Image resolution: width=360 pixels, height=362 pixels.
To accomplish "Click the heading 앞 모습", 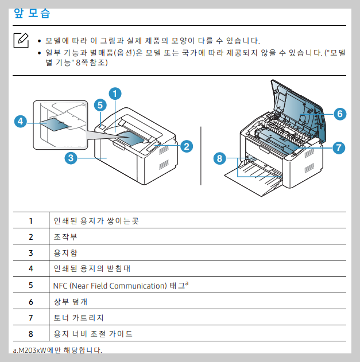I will tap(35, 13).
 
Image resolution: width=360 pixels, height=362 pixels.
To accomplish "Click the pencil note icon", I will tap(21, 40).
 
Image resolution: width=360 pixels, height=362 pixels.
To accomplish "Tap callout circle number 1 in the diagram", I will tap(115, 92).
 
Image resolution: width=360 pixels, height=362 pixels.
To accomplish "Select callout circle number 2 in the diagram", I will tap(186, 146).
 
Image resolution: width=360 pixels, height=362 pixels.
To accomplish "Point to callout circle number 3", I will tap(100, 105).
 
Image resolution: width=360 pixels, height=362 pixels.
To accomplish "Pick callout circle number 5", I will tap(339, 147).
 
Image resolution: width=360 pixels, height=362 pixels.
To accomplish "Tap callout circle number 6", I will tap(218, 159).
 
